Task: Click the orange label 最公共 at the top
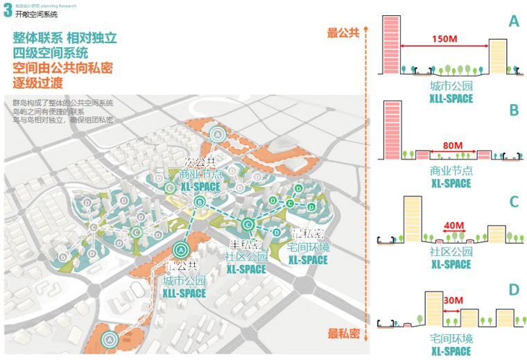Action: pos(343,33)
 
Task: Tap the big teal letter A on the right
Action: pos(514,22)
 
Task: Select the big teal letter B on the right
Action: pos(514,110)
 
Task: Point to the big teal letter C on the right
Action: pos(514,202)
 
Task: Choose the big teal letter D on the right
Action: pos(514,290)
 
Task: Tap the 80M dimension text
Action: pos(452,146)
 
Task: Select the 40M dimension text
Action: pos(454,226)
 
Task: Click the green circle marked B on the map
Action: pos(200,202)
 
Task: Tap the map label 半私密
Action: pos(245,245)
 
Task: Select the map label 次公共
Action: pos(200,162)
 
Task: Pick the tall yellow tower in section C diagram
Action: pos(412,219)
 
